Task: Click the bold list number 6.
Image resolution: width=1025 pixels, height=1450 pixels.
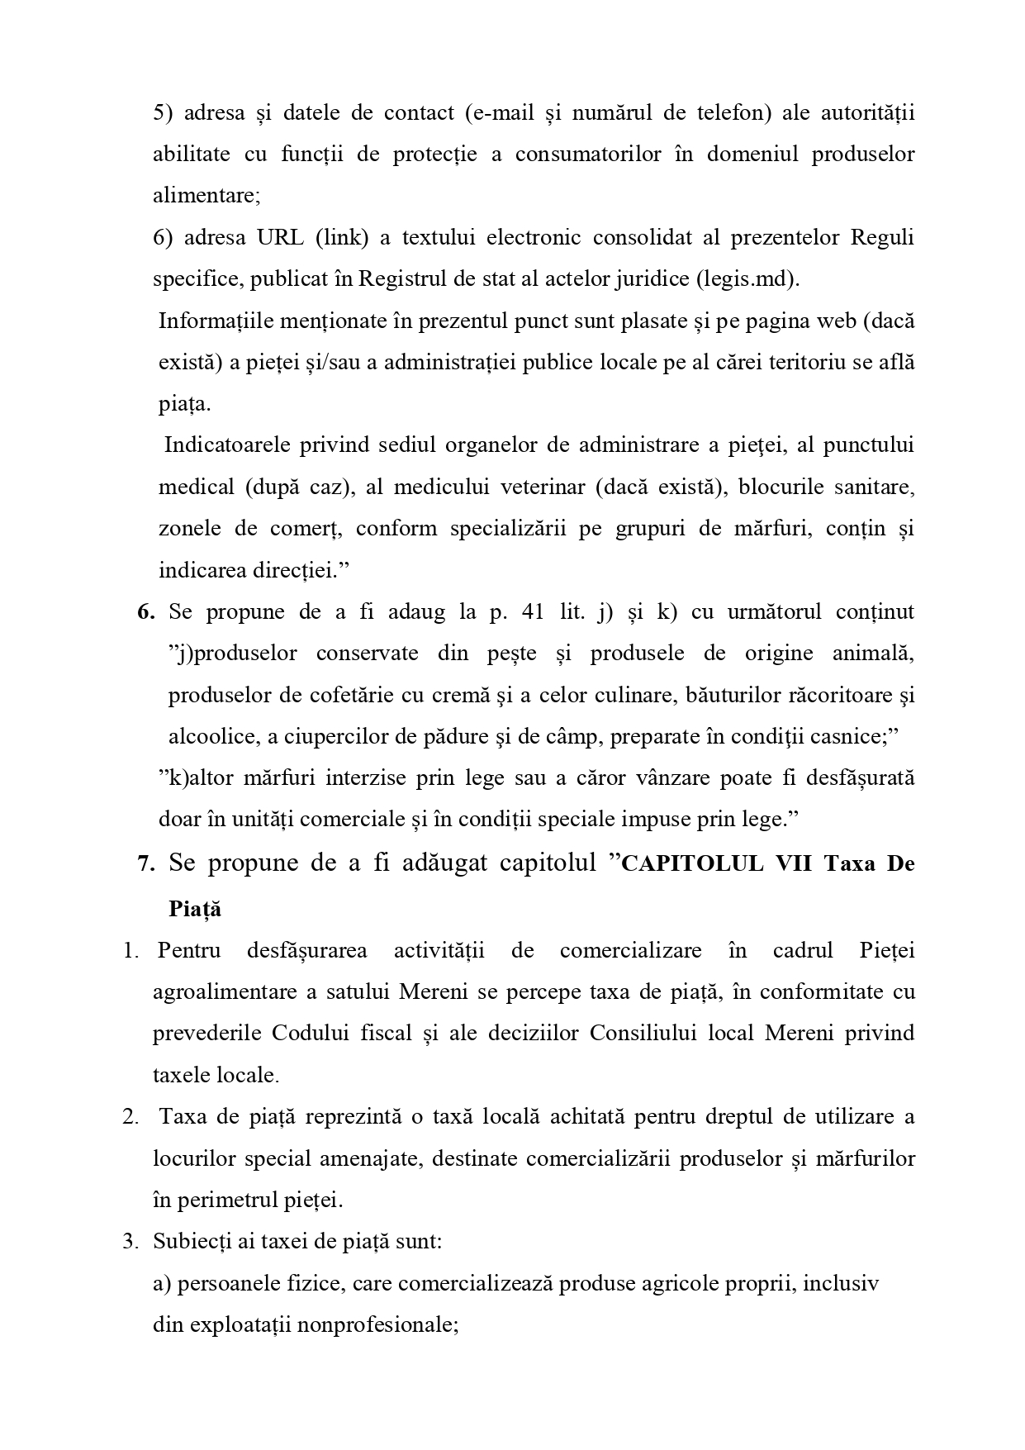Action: click(x=146, y=612)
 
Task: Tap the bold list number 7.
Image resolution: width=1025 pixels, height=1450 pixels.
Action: click(x=146, y=863)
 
